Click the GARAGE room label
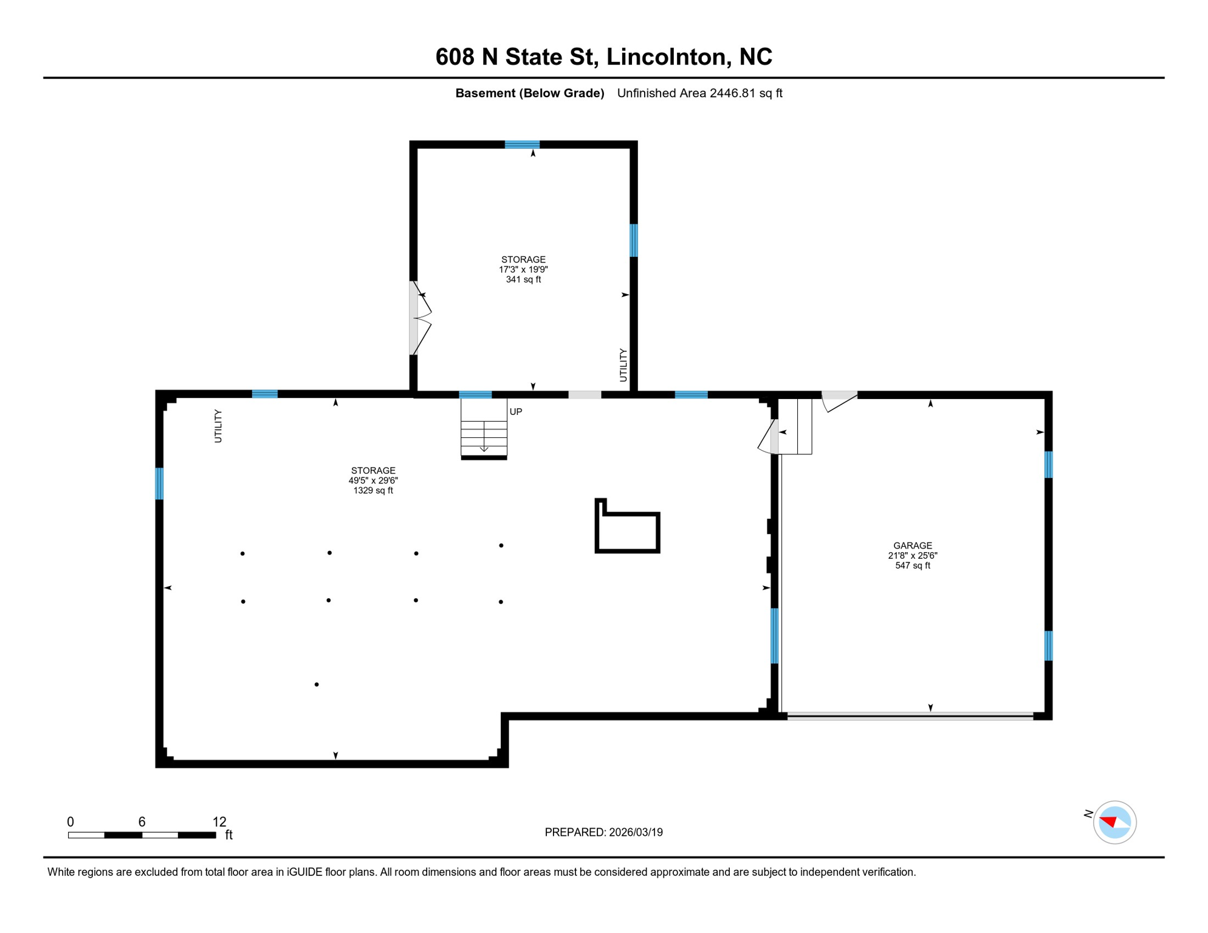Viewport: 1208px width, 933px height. pyautogui.click(x=912, y=545)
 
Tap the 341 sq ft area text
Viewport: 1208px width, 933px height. pyautogui.click(x=523, y=279)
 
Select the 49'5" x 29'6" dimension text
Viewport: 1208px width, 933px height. pyautogui.click(x=373, y=480)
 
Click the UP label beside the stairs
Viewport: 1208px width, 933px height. pyautogui.click(x=516, y=412)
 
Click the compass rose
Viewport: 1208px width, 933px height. pyautogui.click(x=1114, y=822)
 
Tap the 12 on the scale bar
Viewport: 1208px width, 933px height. pyautogui.click(x=219, y=822)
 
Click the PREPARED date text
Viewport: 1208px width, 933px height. pyautogui.click(x=603, y=832)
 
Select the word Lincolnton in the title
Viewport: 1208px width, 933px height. pyautogui.click(x=666, y=56)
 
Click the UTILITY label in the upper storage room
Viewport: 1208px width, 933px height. pyautogui.click(x=623, y=365)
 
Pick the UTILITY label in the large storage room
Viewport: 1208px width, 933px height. pyautogui.click(x=218, y=426)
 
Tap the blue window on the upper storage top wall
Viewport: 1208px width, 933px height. pyautogui.click(x=522, y=145)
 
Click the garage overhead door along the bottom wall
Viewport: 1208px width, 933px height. pyautogui.click(x=910, y=717)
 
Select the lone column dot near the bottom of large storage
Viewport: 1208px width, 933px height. pyautogui.click(x=317, y=685)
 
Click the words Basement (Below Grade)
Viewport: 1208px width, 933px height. pyautogui.click(x=529, y=93)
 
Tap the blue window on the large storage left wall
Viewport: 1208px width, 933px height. pyautogui.click(x=159, y=484)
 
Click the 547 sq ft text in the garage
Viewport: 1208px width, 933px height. pyautogui.click(x=912, y=566)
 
